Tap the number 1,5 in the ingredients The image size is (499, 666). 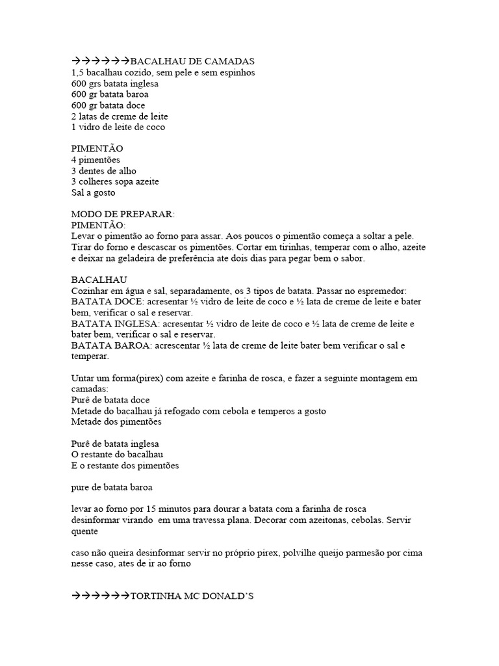click(77, 72)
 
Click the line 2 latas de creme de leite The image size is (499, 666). click(118, 116)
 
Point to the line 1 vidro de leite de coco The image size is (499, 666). click(118, 127)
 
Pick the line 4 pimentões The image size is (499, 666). click(96, 160)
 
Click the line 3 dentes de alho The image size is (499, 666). click(104, 171)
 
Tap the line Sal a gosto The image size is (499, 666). click(94, 193)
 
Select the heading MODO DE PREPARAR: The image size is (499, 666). click(123, 214)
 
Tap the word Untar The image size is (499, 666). click(83, 379)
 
